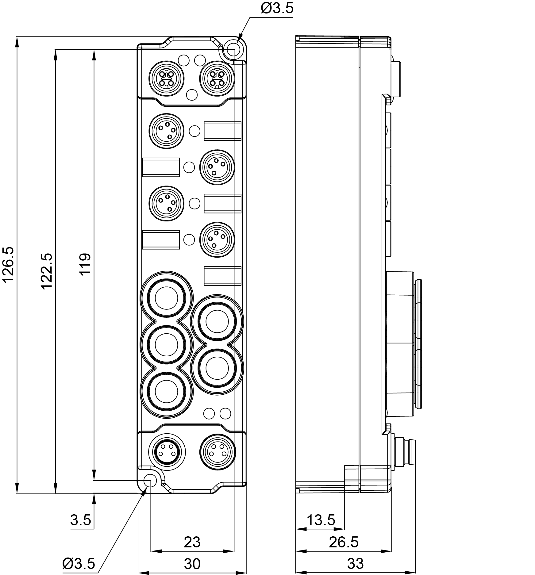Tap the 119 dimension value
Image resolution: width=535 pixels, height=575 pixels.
coord(85,264)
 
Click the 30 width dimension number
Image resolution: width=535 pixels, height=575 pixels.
coord(192,563)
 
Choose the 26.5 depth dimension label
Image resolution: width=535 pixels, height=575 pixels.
coord(344,542)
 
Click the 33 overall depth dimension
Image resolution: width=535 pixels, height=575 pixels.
coord(355,563)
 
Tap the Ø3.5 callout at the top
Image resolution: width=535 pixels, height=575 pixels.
coord(277,8)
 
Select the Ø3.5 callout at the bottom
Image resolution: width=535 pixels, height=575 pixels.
coord(79,563)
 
